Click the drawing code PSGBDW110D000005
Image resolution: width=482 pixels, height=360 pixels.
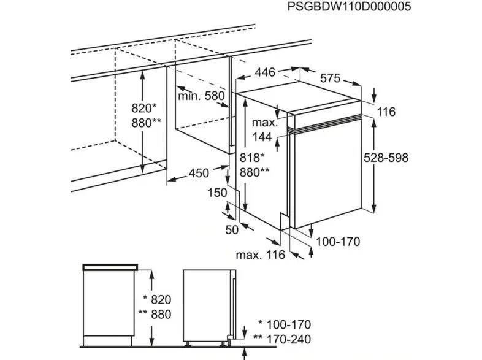(349, 7)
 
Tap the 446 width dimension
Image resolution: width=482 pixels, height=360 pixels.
(265, 72)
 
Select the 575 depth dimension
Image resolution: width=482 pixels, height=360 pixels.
(330, 79)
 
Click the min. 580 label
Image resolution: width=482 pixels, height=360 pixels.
(202, 96)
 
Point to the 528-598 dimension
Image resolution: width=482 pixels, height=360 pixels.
(386, 158)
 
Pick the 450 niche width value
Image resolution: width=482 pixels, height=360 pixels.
(199, 173)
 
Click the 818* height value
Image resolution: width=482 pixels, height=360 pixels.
(252, 158)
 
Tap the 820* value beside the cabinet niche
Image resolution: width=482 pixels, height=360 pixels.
(144, 108)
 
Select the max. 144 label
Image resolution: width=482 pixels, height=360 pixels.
(265, 129)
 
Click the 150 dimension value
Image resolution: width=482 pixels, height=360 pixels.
(217, 193)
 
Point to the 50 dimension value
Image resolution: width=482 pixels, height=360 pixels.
(232, 229)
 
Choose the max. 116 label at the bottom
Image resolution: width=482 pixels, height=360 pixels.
(261, 255)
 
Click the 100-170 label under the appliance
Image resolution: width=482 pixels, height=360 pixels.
(338, 242)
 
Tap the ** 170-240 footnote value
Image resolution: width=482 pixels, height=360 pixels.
(282, 339)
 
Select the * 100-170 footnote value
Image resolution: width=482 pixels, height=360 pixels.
(285, 324)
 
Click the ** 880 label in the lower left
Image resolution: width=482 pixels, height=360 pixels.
(155, 314)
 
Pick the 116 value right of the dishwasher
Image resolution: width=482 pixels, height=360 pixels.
(386, 112)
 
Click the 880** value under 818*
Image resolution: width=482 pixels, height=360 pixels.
(254, 172)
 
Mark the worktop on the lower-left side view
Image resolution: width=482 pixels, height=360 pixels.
(110, 267)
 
